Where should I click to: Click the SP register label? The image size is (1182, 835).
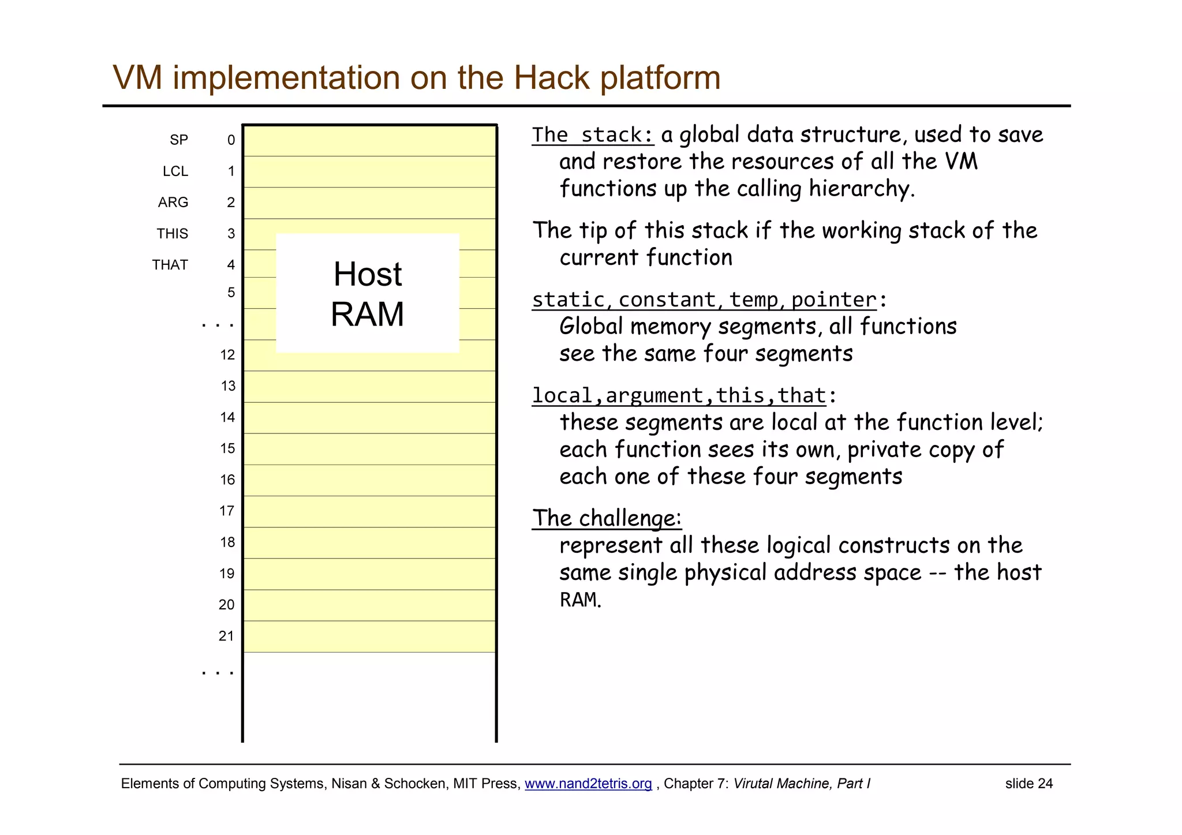(178, 140)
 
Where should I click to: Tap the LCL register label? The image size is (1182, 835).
(175, 171)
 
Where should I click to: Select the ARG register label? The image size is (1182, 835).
(173, 203)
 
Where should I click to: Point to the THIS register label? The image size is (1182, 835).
(172, 234)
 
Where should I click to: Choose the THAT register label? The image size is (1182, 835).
(170, 265)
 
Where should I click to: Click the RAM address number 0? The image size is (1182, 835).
(231, 140)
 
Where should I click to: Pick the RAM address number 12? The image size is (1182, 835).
(227, 355)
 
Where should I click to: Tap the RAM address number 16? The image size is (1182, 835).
(227, 480)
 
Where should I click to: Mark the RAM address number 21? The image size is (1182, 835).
(226, 636)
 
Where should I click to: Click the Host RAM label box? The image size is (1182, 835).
(368, 293)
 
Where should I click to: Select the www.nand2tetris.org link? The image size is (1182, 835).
(588, 784)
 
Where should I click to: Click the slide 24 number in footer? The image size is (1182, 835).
(1028, 784)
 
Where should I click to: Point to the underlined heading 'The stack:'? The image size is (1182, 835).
(593, 135)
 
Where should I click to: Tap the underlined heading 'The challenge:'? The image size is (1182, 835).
(607, 518)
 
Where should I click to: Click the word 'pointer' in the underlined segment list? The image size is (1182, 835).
(833, 300)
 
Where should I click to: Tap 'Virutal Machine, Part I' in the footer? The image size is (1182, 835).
(801, 784)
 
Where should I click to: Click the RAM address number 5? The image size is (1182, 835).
(231, 293)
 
